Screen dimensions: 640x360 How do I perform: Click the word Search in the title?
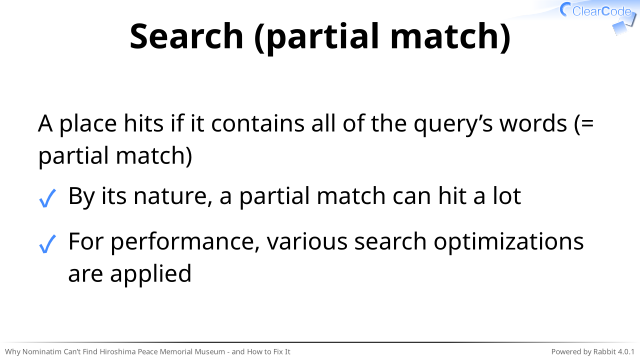[187, 36]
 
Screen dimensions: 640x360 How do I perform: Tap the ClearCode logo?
[598, 16]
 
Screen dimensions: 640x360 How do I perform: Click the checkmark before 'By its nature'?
[47, 199]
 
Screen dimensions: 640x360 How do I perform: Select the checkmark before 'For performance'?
[47, 244]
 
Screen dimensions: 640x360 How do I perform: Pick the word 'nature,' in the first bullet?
[173, 196]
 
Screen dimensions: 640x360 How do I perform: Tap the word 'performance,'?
[185, 242]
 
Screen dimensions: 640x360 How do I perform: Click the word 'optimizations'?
[509, 242]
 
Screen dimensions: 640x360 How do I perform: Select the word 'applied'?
[151, 274]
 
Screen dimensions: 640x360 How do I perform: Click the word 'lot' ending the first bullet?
[507, 196]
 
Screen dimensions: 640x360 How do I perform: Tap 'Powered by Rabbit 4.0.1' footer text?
[593, 351]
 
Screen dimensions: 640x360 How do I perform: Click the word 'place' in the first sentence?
[88, 124]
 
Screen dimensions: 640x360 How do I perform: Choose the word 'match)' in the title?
[450, 37]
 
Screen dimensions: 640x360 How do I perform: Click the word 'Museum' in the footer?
[209, 351]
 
